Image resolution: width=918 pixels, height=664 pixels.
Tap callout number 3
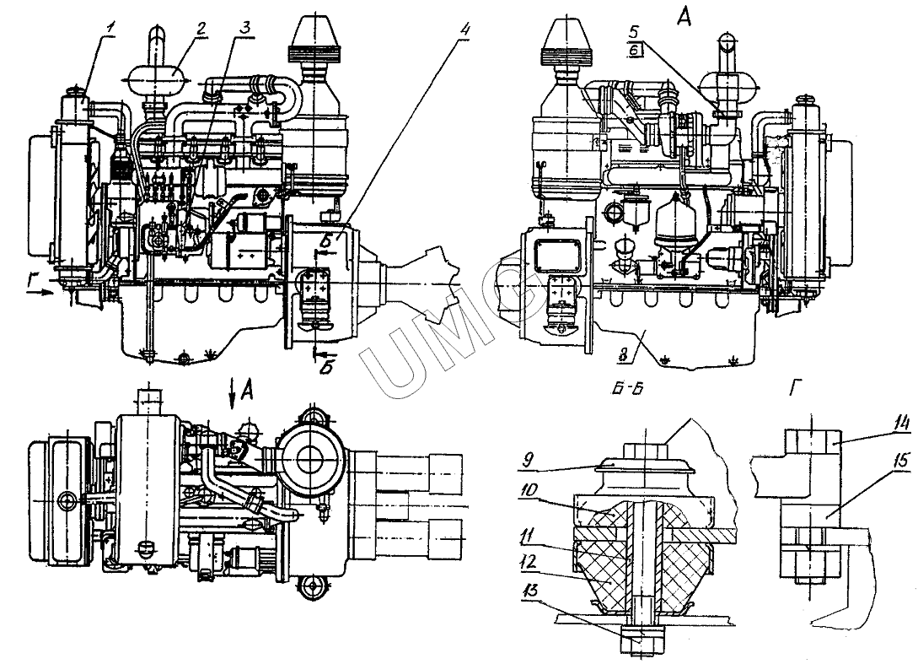244,25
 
